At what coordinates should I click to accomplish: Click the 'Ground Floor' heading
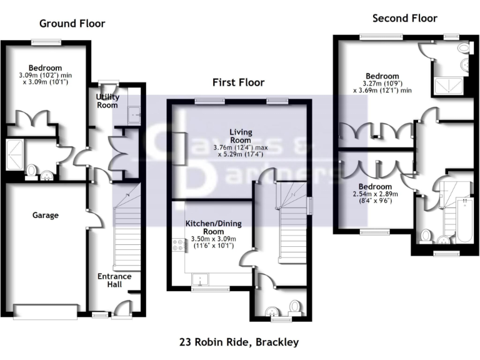tap(72, 24)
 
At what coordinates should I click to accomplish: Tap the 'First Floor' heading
tap(238, 82)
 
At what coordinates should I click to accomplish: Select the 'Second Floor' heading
tap(405, 18)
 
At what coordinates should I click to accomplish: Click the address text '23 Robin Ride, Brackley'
tap(239, 342)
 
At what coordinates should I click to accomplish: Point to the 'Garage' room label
tap(45, 215)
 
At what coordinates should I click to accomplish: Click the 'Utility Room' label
tap(107, 101)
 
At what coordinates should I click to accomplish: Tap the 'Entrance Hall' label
tap(114, 280)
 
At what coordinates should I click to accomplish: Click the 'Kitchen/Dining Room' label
tap(214, 227)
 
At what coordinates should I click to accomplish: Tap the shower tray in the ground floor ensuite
tap(12, 154)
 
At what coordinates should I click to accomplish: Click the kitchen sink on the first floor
tap(202, 279)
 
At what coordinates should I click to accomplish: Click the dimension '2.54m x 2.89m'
tap(375, 194)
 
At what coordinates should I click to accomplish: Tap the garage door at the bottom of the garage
tap(45, 311)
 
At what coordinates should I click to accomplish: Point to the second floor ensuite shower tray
tap(450, 85)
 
